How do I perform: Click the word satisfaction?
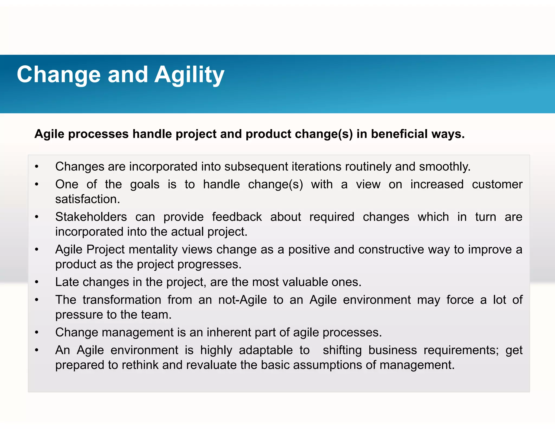click(x=88, y=199)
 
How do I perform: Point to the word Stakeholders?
click(x=91, y=217)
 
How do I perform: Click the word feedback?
click(x=237, y=217)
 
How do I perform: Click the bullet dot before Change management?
click(x=37, y=332)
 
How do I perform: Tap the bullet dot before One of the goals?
click(x=37, y=184)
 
